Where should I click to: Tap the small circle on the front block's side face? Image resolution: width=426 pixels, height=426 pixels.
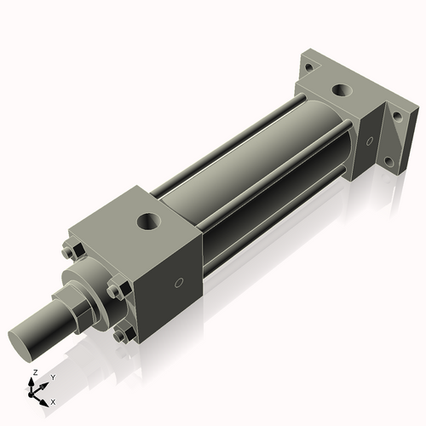[x=178, y=282]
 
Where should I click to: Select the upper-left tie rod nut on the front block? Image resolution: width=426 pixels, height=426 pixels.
[x=70, y=251]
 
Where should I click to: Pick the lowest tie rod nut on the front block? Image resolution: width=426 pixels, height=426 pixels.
[x=122, y=335]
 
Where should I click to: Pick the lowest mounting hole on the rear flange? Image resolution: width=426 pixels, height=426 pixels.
[x=389, y=161]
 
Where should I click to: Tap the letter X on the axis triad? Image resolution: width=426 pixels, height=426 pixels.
[x=53, y=400]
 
